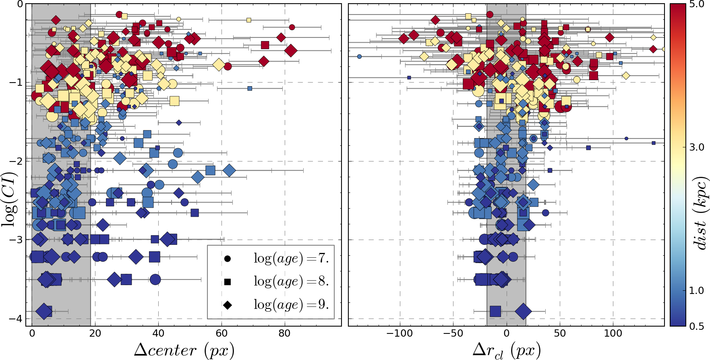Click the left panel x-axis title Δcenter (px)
184,350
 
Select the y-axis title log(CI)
10,199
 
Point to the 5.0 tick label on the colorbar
696,5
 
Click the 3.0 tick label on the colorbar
696,147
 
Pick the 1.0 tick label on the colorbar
696,290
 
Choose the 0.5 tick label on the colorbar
696,326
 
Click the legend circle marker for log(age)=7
228,259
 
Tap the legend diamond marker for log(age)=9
228,305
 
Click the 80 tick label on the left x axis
285,333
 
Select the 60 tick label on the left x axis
221,333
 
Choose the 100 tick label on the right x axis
613,333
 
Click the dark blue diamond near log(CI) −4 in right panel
523,311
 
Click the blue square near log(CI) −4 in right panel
495,311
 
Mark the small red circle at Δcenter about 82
292,27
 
